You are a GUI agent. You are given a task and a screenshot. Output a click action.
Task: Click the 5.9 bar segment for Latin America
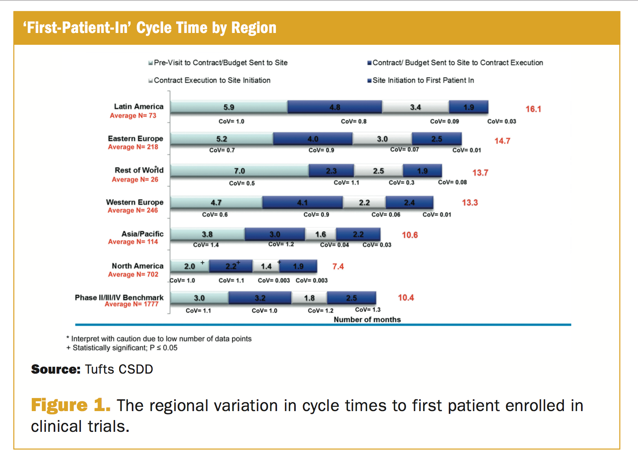click(229, 107)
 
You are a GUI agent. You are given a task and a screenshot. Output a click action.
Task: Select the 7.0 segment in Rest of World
click(239, 171)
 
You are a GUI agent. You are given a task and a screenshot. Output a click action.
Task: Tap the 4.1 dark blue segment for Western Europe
click(302, 203)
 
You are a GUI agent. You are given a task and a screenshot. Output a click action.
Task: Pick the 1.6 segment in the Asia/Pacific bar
click(321, 234)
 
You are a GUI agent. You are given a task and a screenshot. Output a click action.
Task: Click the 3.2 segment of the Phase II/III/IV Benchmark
click(260, 298)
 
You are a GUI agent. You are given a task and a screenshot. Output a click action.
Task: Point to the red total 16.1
click(533, 109)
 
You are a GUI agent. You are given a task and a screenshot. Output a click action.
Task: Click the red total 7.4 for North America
click(338, 267)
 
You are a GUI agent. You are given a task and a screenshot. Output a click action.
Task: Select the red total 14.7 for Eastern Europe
click(502, 141)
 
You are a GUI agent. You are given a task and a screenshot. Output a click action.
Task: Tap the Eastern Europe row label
click(135, 138)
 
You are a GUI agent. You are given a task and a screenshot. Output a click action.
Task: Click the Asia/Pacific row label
click(142, 234)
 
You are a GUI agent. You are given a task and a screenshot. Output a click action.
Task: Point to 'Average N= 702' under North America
click(133, 274)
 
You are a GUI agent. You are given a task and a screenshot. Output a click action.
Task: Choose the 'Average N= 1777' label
click(131, 304)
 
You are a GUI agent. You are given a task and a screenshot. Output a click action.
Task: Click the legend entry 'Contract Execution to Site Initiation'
click(212, 80)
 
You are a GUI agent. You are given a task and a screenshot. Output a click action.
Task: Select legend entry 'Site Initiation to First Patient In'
click(423, 80)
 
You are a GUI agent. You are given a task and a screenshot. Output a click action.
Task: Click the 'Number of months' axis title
click(367, 320)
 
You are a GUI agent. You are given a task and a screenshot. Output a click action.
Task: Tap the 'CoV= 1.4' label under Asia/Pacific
click(206, 245)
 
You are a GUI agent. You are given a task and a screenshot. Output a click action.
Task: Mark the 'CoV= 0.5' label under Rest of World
click(242, 183)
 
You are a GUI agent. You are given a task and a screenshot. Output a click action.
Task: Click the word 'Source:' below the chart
click(56, 369)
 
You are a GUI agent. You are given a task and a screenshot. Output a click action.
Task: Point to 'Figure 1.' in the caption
click(71, 405)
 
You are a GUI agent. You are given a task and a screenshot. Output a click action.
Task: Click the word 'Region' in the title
click(254, 28)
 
